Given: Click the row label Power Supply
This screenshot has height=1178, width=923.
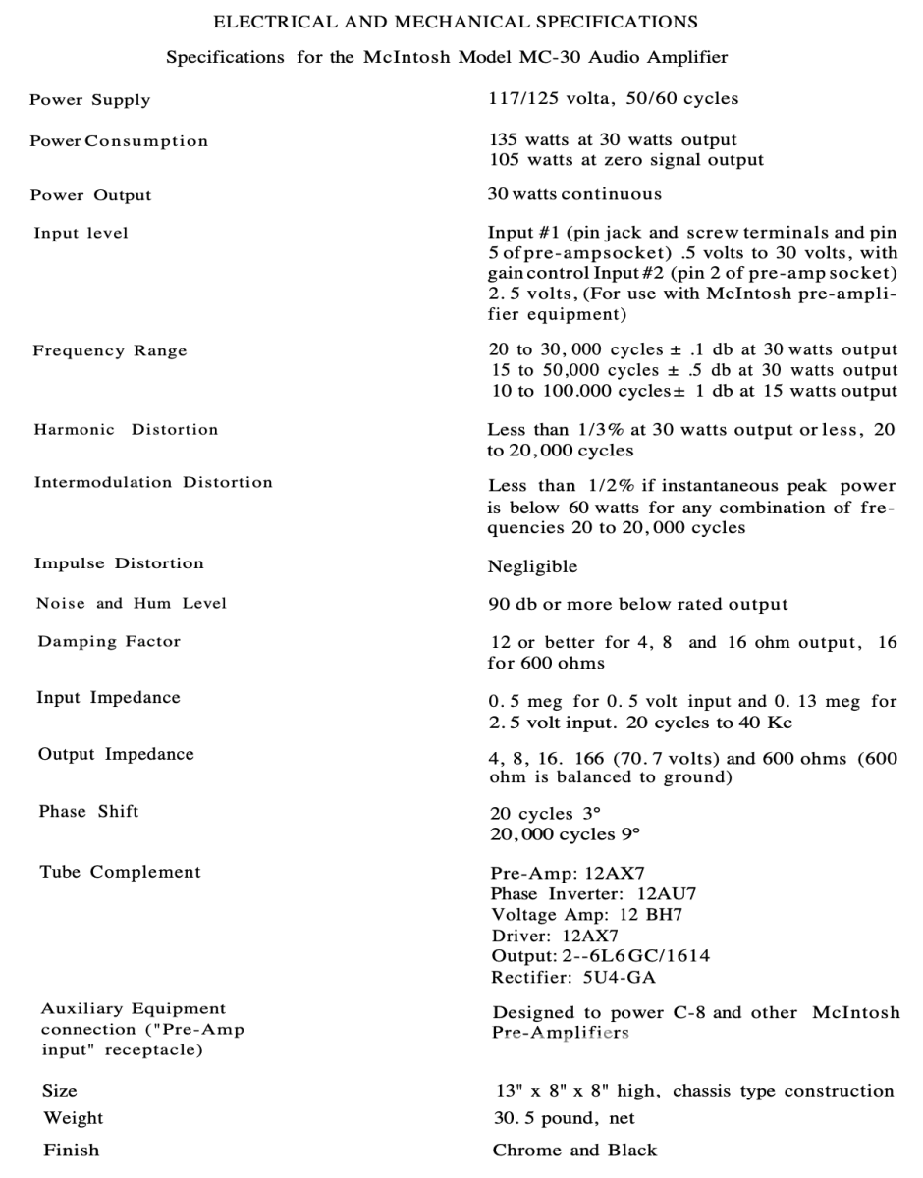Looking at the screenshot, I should tap(90, 100).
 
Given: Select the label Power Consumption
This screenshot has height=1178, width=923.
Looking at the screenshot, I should tap(119, 141).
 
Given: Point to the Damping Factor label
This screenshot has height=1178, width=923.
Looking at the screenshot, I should tap(109, 642).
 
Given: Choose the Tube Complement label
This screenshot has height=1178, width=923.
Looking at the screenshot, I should tap(120, 872).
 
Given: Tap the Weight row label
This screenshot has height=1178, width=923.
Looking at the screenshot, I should tap(72, 1118).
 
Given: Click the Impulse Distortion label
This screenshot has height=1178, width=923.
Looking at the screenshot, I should tap(119, 564).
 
